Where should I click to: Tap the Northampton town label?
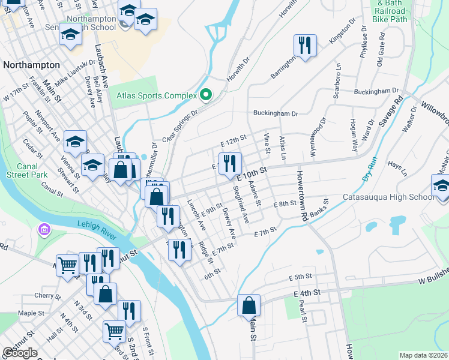(31, 65)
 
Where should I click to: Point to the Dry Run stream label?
(369, 169)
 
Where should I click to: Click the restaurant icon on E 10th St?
(230, 163)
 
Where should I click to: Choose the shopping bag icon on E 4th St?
(249, 305)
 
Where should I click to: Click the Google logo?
(20, 353)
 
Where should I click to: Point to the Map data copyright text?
(423, 355)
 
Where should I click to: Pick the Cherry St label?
(44, 295)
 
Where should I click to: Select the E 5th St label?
(301, 277)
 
